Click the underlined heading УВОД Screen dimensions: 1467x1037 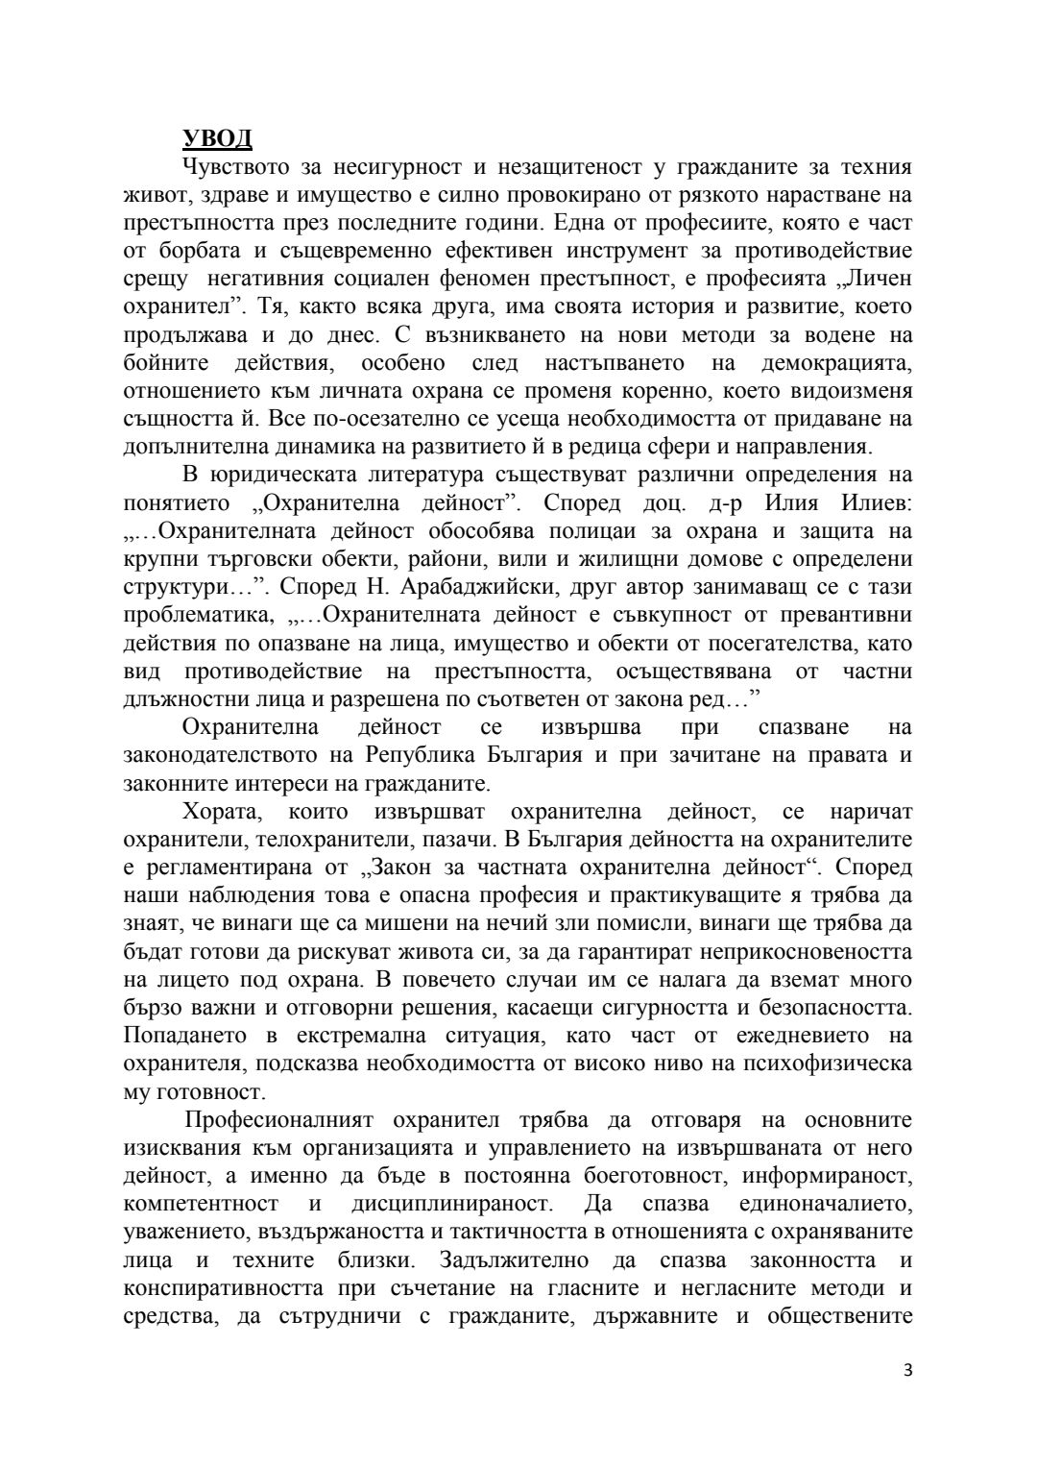click(x=217, y=138)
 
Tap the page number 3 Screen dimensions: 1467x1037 click(x=907, y=1396)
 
